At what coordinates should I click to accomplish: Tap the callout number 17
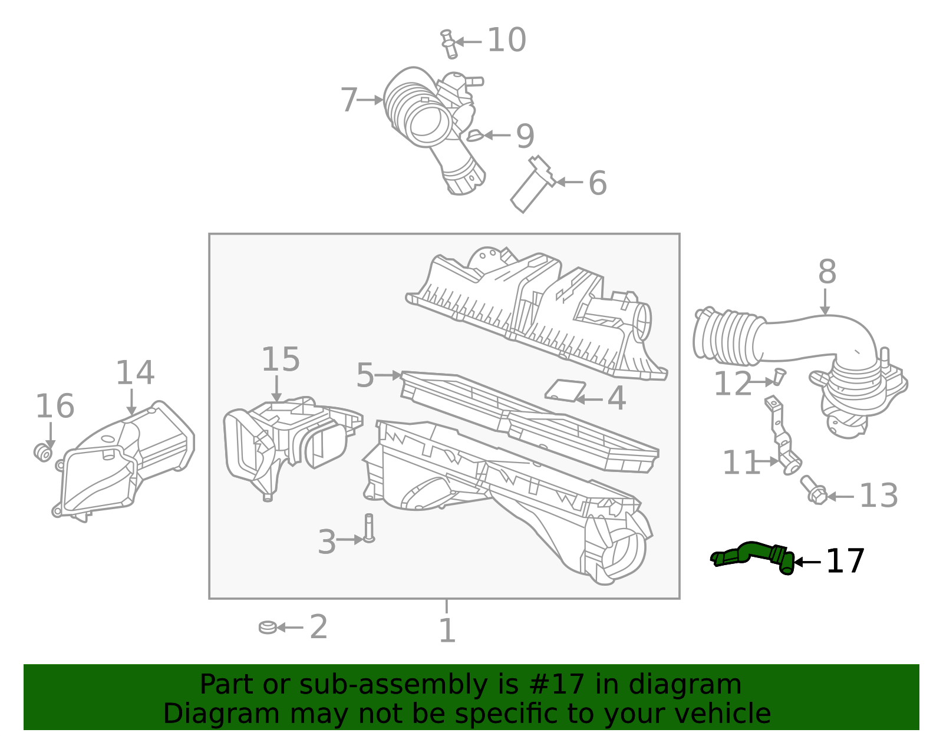click(845, 562)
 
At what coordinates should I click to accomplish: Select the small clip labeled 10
click(449, 44)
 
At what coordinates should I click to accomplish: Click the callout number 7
click(349, 100)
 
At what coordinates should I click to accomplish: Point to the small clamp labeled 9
click(474, 136)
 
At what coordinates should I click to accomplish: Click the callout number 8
click(827, 273)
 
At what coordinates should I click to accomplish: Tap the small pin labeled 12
click(779, 376)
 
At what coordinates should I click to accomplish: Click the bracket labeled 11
click(782, 434)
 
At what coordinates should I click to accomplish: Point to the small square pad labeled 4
click(565, 390)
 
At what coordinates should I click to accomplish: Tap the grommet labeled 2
click(268, 627)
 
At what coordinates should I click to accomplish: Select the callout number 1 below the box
click(447, 631)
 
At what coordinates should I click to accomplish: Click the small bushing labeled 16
click(42, 452)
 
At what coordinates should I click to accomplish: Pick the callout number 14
click(134, 373)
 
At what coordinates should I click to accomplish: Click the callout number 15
click(281, 359)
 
